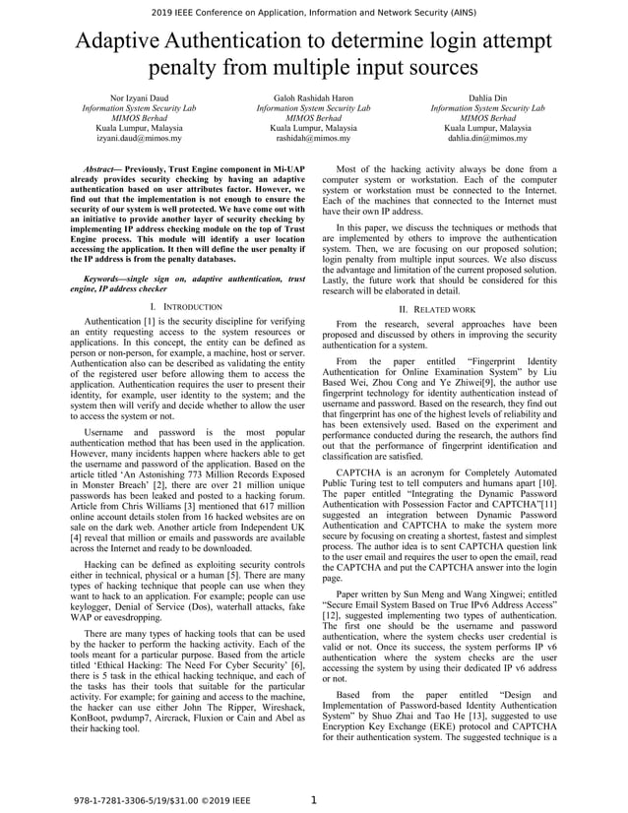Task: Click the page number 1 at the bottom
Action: coord(314,800)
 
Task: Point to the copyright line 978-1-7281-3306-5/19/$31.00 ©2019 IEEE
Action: coord(163,801)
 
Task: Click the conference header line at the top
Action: coord(314,12)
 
